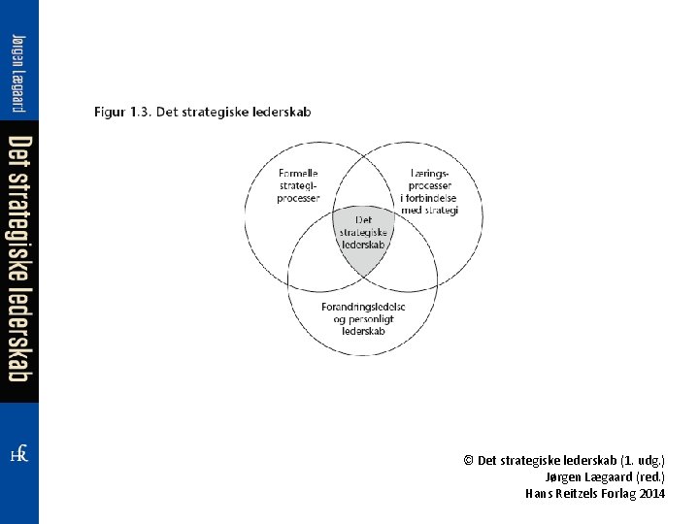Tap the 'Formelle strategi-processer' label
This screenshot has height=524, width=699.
pyautogui.click(x=298, y=185)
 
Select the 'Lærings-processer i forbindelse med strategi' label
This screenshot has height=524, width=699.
pyautogui.click(x=428, y=191)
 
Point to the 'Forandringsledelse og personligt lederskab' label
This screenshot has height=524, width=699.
pyautogui.click(x=363, y=318)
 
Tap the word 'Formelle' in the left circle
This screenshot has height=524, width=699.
pyautogui.click(x=299, y=174)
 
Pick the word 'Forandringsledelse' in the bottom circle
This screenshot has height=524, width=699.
pyautogui.click(x=363, y=307)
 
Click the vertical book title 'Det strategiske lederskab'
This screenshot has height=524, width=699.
pyautogui.click(x=19, y=258)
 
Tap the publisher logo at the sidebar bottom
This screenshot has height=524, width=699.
pyautogui.click(x=18, y=454)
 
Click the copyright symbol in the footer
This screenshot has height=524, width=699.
pyautogui.click(x=468, y=461)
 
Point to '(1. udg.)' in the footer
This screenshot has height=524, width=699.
pyautogui.click(x=643, y=461)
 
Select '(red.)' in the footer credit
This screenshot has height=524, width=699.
pyautogui.click(x=649, y=477)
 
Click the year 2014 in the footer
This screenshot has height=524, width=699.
pyautogui.click(x=652, y=494)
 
